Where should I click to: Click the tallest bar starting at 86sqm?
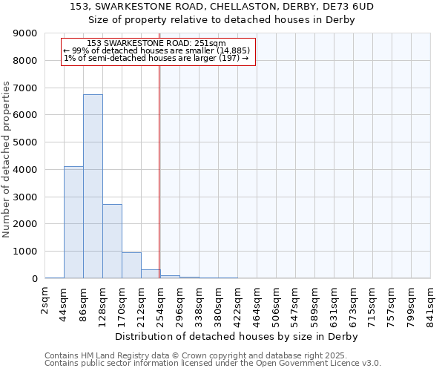pyautogui.click(x=93, y=186)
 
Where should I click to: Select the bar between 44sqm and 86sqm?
pyautogui.click(x=73, y=223)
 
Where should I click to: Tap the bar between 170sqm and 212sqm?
pyautogui.click(x=131, y=266)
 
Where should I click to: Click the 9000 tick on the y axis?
pyautogui.click(x=25, y=33)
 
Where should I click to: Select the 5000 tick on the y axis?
pyautogui.click(x=25, y=142)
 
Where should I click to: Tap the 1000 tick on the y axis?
pyautogui.click(x=25, y=252)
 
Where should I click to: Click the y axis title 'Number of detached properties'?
pyautogui.click(x=7, y=160)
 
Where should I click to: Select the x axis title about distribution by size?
pyautogui.click(x=237, y=336)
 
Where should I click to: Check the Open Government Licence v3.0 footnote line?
pyautogui.click(x=213, y=364)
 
